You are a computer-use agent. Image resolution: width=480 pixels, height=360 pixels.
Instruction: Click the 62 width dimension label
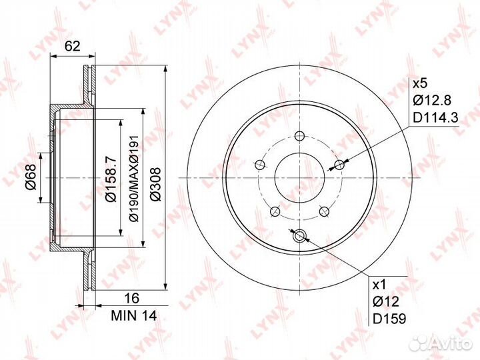click(73, 46)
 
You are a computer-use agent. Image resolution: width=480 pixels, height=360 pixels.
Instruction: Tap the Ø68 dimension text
click(31, 177)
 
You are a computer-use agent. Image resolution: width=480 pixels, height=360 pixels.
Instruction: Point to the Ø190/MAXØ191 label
click(135, 178)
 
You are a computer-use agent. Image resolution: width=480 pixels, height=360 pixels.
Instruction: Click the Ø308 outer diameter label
click(155, 184)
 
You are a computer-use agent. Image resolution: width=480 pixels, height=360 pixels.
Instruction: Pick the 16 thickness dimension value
click(131, 297)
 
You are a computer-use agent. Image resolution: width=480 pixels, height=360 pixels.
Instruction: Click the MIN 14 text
click(134, 315)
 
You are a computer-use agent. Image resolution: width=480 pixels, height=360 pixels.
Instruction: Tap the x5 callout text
click(420, 83)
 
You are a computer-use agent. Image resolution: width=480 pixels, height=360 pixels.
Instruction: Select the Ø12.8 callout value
click(431, 100)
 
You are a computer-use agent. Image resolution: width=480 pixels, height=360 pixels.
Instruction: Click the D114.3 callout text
click(435, 117)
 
